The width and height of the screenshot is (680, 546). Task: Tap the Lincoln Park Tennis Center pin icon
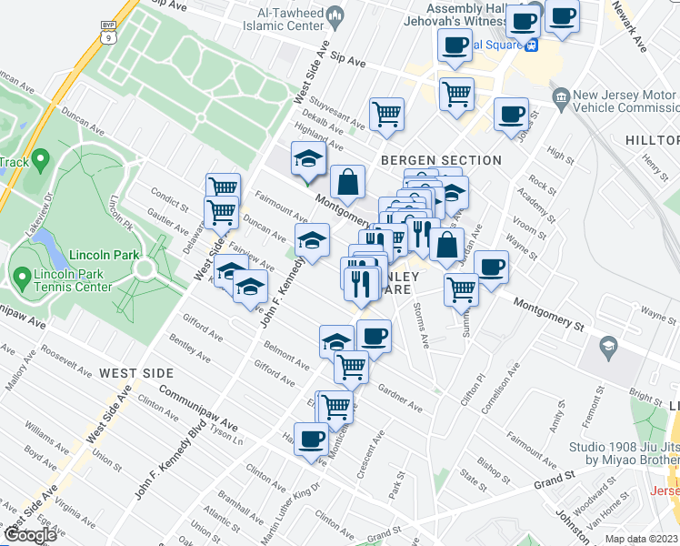pyautogui.click(x=23, y=274)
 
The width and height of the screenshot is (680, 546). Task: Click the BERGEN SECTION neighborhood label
pyautogui.click(x=441, y=160)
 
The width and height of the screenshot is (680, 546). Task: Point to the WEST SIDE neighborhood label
pyautogui.click(x=135, y=373)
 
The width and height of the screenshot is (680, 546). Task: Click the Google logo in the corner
pyautogui.click(x=29, y=535)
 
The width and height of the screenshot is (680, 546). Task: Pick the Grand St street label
pyautogui.click(x=556, y=478)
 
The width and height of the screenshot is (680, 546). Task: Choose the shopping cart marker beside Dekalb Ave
pyautogui.click(x=386, y=115)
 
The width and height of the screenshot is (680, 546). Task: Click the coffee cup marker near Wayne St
pyautogui.click(x=491, y=268)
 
